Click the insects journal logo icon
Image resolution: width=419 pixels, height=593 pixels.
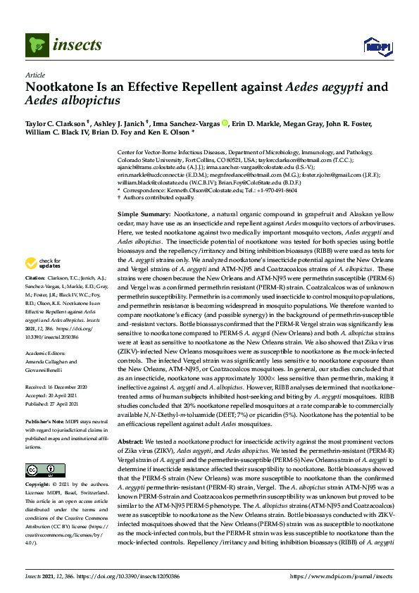point(38,46)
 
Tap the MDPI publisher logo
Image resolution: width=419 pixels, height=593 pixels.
point(377,46)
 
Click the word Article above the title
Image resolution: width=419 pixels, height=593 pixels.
point(35,75)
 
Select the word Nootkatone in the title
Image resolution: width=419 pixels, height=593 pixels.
point(60,88)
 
